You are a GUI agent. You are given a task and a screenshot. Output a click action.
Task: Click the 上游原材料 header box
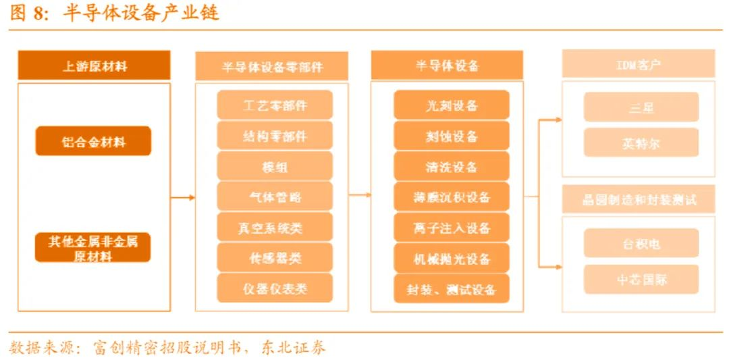[94, 66]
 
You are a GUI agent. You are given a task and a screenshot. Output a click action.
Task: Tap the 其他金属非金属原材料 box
[93, 248]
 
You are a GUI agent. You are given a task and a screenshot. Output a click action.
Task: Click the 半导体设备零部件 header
[271, 66]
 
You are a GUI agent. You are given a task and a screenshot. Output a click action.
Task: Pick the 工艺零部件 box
[275, 105]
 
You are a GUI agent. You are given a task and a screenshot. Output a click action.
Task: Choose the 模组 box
[275, 166]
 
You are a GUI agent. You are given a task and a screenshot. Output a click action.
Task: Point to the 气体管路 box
[275, 197]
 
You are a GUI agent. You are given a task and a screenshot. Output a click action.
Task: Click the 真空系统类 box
[275, 228]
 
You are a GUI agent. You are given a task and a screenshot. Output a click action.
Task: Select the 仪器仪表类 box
[275, 288]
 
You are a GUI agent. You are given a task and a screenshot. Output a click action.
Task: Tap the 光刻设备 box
[452, 105]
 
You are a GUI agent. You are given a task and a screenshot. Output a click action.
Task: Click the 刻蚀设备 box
[452, 136]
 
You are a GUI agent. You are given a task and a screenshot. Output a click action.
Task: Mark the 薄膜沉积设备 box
[452, 197]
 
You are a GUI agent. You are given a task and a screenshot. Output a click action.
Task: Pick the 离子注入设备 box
[452, 228]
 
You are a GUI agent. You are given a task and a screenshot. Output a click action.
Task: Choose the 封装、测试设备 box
[452, 289]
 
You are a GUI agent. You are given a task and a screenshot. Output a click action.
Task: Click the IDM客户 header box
[639, 66]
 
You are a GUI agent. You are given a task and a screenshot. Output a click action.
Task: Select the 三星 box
[641, 107]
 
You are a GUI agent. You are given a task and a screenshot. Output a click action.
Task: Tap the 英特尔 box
[641, 143]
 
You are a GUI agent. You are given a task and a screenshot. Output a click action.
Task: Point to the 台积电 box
[641, 243]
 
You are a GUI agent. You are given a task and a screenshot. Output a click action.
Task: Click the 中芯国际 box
[641, 279]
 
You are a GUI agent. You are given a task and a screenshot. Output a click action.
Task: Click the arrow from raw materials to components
[182, 197]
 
